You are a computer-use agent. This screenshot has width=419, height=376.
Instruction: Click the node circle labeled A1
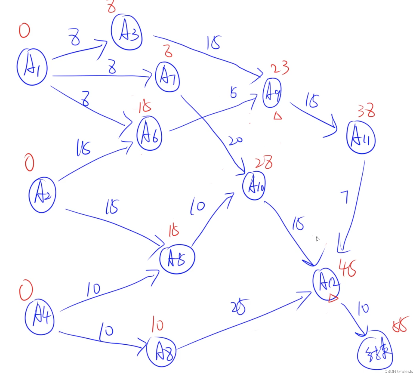[x=32, y=67]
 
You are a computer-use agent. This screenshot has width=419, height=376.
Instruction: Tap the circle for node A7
[x=168, y=77]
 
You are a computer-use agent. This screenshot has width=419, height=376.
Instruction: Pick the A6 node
[x=149, y=133]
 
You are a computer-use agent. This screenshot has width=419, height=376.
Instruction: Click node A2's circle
[x=42, y=195]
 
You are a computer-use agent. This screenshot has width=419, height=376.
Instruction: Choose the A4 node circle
[x=40, y=317]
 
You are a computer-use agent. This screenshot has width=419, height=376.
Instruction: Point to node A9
[x=272, y=93]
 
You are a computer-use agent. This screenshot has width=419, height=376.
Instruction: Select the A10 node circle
[x=254, y=186]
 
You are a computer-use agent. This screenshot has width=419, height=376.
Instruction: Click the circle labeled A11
[x=361, y=138]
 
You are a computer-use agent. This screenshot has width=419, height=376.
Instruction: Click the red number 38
[x=366, y=110]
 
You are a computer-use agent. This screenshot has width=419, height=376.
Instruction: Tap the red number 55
[x=400, y=324]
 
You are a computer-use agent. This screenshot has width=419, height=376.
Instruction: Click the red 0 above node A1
[x=24, y=31]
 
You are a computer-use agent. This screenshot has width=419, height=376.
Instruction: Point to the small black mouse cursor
[x=318, y=239]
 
